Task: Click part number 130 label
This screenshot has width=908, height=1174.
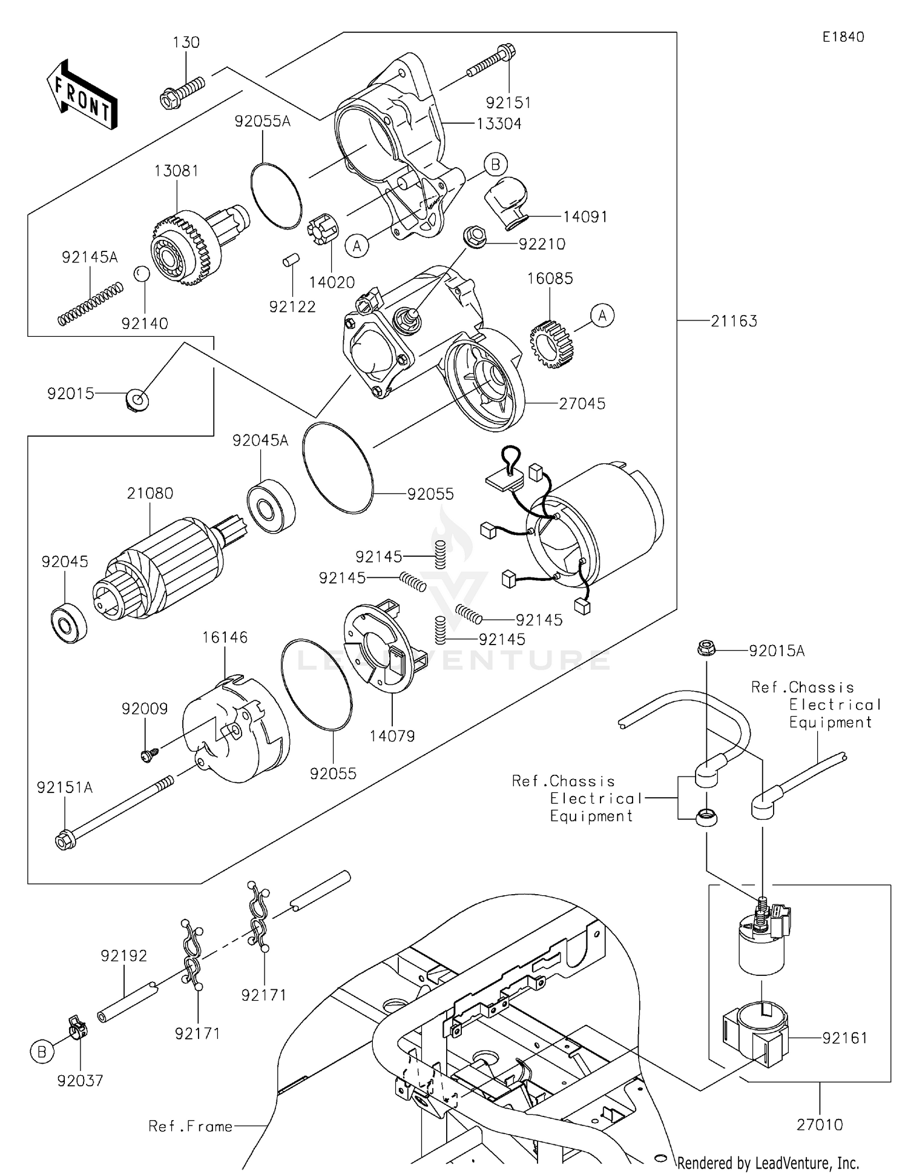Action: pos(186,42)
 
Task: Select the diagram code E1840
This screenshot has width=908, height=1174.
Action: pos(843,37)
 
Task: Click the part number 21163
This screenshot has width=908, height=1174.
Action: pos(734,321)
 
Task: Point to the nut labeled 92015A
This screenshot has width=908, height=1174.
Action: pos(705,649)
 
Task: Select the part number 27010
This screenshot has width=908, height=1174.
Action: pos(820,1125)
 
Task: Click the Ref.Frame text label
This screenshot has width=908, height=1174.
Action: pos(191,1127)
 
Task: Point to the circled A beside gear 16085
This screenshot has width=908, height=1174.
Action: pos(602,316)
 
